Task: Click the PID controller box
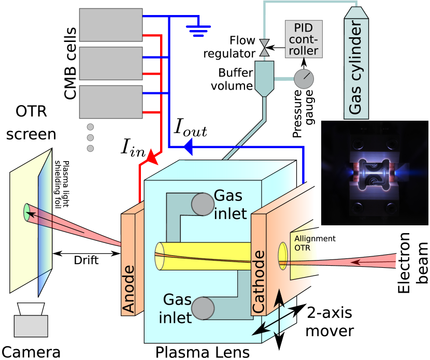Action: (304, 39)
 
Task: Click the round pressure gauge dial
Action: (304, 79)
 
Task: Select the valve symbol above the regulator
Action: (264, 48)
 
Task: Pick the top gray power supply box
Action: (111, 25)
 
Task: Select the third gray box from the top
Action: (111, 102)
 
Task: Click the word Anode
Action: (128, 290)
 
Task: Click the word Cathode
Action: (259, 282)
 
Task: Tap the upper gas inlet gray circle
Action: (203, 204)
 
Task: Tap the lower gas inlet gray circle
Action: (203, 309)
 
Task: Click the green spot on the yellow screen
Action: (27, 212)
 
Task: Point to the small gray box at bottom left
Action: (31, 326)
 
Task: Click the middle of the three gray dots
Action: (90, 138)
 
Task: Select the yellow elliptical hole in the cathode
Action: (283, 255)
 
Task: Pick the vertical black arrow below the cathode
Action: (279, 311)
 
